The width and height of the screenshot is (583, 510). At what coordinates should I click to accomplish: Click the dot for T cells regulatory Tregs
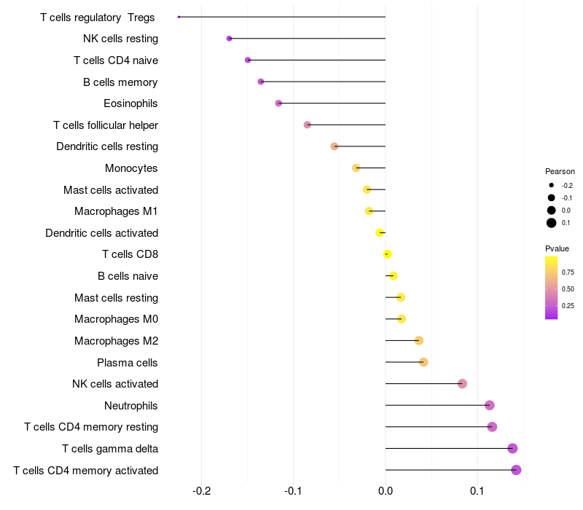[x=179, y=17]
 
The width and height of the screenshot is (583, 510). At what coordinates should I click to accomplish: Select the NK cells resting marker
[x=229, y=39]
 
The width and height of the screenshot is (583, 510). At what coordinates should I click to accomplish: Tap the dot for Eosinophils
[x=278, y=103]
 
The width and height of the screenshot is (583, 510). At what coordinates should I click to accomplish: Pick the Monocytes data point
[x=356, y=168]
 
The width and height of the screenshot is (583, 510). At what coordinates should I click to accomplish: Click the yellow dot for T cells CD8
[x=387, y=254]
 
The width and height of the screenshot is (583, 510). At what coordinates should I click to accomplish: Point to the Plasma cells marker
[x=423, y=362]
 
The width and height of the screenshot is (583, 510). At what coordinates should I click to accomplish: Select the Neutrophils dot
[x=490, y=405]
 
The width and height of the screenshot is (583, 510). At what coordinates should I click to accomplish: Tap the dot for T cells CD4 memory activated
[x=516, y=470]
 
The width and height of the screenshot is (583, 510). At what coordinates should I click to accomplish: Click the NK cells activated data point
[x=462, y=384]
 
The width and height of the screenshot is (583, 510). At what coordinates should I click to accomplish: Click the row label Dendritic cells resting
[x=107, y=146]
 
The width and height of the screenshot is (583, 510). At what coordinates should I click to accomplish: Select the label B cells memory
[x=120, y=82]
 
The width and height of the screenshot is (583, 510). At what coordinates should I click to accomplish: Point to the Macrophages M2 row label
[x=117, y=341]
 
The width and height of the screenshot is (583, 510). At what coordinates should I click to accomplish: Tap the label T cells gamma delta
[x=110, y=449]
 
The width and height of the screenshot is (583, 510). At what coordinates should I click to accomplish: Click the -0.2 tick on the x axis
[x=202, y=491]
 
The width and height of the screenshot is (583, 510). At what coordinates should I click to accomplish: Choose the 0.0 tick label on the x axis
[x=386, y=491]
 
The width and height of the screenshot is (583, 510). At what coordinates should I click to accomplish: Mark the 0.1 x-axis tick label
[x=477, y=491]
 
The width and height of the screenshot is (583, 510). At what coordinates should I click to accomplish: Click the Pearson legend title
[x=560, y=171]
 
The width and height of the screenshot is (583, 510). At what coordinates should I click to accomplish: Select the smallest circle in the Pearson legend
[x=552, y=185]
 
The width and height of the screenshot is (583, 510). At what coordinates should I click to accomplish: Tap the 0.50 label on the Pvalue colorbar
[x=568, y=289]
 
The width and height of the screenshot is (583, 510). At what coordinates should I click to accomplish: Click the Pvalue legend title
[x=557, y=248]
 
